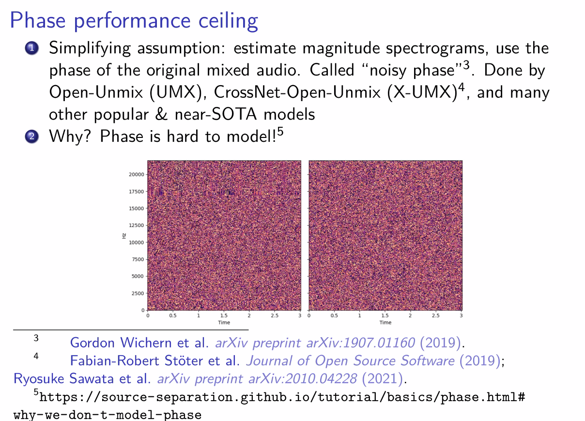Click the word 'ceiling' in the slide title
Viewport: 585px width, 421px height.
point(228,21)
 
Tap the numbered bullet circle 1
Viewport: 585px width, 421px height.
point(32,48)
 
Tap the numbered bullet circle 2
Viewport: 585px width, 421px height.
point(32,136)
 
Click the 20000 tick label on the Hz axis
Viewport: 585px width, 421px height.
point(137,174)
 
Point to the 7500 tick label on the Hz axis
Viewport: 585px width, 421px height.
point(138,259)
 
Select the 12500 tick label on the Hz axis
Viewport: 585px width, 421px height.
point(137,225)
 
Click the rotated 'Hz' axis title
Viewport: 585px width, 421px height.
point(124,236)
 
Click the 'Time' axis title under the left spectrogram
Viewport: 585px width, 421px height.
point(224,323)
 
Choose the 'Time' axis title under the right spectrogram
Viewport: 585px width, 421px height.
point(385,323)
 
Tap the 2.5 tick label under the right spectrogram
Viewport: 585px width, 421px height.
point(436,316)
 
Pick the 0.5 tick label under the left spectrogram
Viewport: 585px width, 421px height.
point(172,316)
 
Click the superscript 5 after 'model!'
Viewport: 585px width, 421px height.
point(280,131)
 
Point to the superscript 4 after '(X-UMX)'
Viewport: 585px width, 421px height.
point(462,87)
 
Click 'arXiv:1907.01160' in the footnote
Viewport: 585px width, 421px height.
point(361,343)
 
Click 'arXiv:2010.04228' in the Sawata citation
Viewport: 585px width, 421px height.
point(303,379)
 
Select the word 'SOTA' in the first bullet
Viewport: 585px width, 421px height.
point(234,114)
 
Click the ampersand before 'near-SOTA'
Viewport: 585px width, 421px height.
point(161,114)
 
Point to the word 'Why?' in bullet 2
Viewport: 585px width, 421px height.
point(70,136)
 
